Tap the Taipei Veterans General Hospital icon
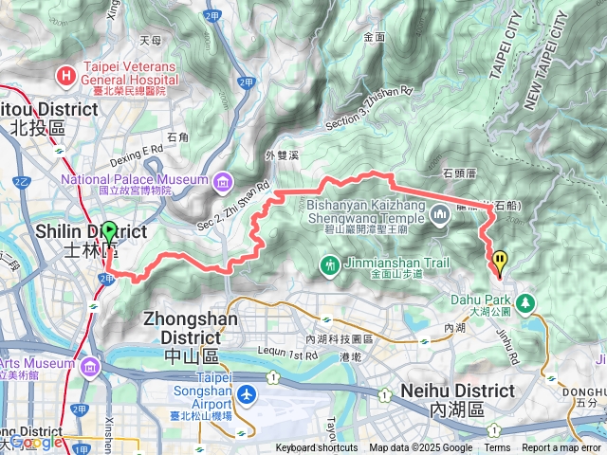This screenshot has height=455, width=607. (x=66, y=74)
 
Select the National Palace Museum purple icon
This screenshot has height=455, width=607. (x=222, y=180)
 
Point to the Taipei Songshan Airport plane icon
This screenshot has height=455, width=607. (x=248, y=393)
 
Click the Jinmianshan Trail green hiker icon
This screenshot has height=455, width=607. (x=329, y=264)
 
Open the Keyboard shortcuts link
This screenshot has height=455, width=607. (x=317, y=448)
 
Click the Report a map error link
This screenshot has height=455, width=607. (x=561, y=448)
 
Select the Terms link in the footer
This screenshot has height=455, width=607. (x=497, y=448)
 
